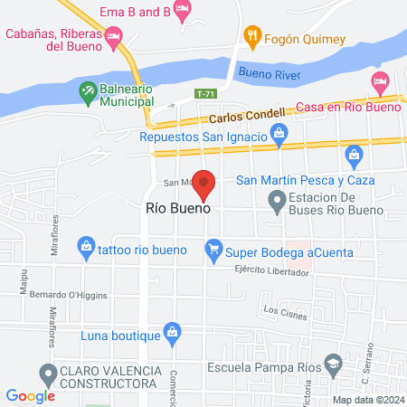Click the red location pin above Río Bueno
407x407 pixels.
[x=205, y=185]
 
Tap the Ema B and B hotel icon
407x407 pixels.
[x=184, y=11]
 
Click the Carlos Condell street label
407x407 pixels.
[x=246, y=117]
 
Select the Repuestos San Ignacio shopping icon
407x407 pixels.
[x=279, y=137]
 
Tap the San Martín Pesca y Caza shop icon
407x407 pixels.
[x=355, y=160]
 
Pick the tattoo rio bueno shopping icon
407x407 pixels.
[x=86, y=245]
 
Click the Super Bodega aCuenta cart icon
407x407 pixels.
[x=213, y=247]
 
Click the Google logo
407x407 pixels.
[x=31, y=395]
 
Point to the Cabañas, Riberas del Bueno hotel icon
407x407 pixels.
[x=113, y=37]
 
